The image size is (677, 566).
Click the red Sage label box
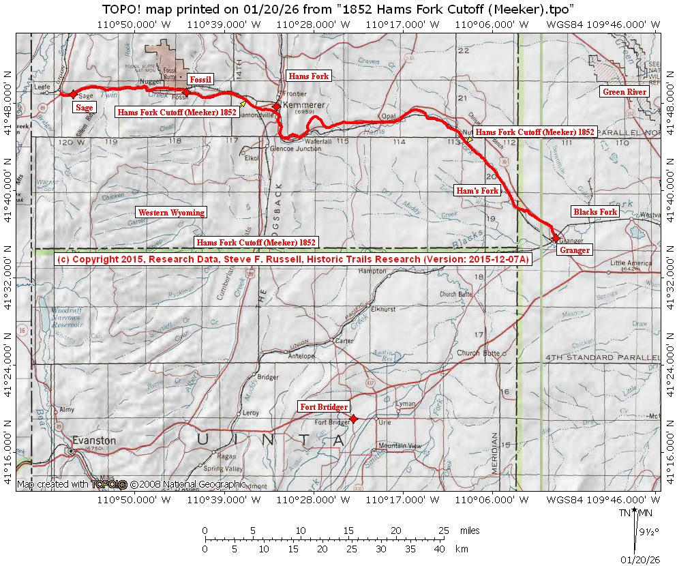85,107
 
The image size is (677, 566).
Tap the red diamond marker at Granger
556,238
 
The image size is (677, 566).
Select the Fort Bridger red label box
325,407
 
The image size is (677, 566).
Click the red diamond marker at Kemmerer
277,106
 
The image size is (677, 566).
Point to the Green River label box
624,92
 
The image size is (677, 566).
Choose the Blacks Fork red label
595,212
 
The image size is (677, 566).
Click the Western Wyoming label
170,212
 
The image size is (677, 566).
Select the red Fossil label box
200,80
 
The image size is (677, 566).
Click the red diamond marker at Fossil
186,91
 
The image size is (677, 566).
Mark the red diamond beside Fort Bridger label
353,418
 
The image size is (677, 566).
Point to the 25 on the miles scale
444,531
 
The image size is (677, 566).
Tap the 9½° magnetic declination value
645,530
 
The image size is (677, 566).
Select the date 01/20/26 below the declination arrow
640,559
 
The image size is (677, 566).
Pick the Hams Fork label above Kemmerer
308,76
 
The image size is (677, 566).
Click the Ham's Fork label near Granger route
477,191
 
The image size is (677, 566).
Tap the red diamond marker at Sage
74,93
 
